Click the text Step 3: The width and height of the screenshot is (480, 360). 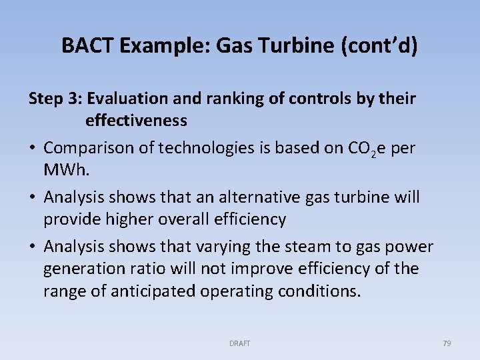55,99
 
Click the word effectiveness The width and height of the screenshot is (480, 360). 136,121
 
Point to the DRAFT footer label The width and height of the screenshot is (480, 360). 240,343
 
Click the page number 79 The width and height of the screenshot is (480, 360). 447,343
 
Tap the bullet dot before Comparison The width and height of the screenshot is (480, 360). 33,148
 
